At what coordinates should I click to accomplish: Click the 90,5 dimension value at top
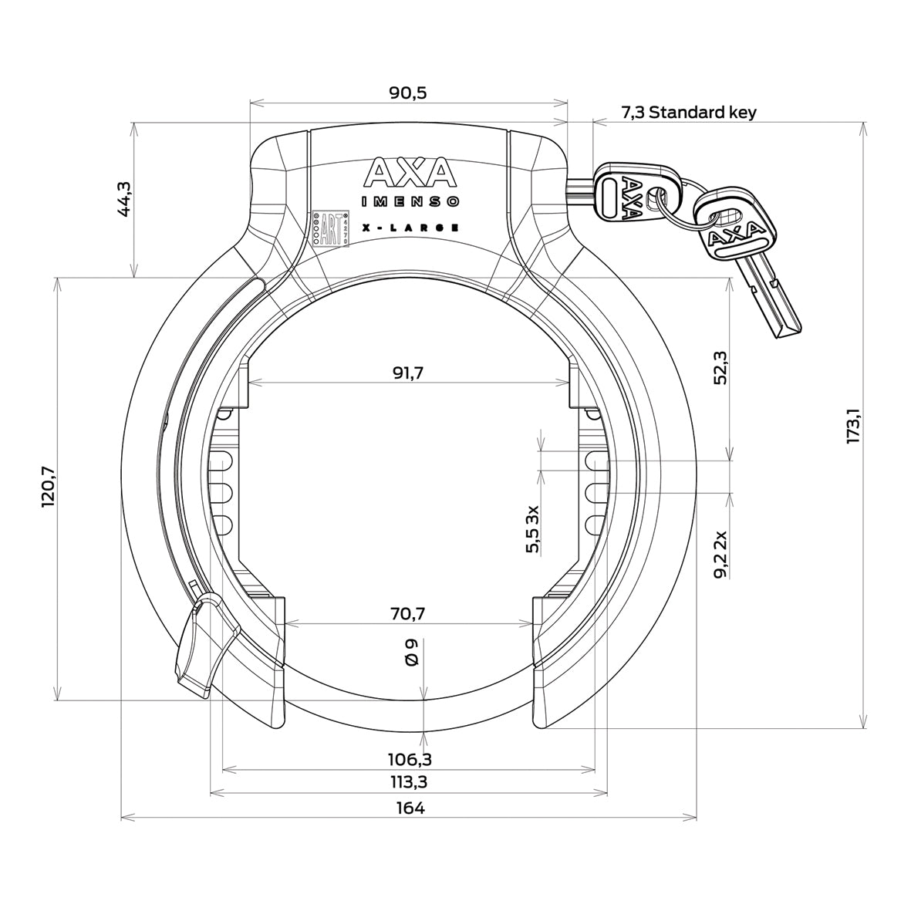click(408, 93)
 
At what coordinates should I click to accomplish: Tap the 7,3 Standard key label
click(689, 113)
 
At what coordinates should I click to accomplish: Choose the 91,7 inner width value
click(408, 373)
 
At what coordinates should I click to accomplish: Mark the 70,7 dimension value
click(408, 614)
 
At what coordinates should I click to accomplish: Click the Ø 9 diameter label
click(410, 653)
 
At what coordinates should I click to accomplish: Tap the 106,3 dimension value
click(408, 760)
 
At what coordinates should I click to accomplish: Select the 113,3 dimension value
click(408, 782)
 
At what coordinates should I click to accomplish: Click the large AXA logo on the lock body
click(410, 173)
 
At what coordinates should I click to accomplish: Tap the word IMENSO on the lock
click(411, 202)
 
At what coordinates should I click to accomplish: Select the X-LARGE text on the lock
click(411, 228)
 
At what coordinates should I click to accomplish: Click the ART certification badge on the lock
click(330, 229)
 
